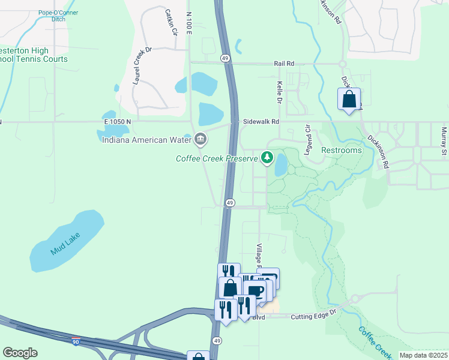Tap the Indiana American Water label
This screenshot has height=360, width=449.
pyautogui.click(x=146, y=140)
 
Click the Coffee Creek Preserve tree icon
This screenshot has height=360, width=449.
pyautogui.click(x=267, y=158)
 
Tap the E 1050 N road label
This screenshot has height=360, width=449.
pyautogui.click(x=116, y=122)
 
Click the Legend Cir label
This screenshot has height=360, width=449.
pyautogui.click(x=307, y=140)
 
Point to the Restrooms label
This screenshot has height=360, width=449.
pyautogui.click(x=342, y=150)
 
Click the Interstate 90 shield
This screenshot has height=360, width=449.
pyautogui.click(x=75, y=341)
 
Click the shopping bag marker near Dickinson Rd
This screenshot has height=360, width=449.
pyautogui.click(x=349, y=99)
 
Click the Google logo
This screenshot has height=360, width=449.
pyautogui.click(x=20, y=353)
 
